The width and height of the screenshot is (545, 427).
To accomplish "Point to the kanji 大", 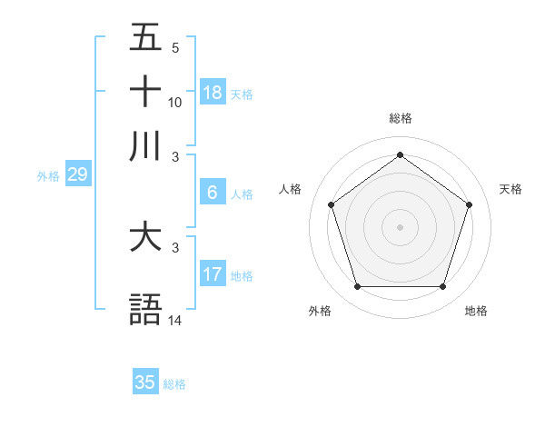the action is [146, 238].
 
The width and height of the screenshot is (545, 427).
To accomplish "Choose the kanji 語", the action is [146, 310].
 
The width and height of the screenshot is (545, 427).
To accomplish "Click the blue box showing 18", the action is [213, 93].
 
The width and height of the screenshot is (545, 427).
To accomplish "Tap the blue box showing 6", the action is [213, 193].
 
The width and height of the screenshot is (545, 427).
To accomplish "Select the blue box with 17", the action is [213, 274].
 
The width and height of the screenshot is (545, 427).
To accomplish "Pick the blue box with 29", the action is [77, 175].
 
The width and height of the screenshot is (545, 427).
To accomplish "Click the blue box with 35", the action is [145, 382].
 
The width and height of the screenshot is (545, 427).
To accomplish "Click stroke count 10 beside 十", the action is [175, 102].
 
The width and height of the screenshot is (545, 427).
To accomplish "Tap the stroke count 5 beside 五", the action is [175, 48].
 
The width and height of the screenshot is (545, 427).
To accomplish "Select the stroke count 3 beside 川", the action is [175, 155].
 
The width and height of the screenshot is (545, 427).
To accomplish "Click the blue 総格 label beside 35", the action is [174, 384].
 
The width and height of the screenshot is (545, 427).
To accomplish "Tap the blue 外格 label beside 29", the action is [47, 176].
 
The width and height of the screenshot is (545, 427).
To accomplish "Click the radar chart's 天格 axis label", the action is [510, 189].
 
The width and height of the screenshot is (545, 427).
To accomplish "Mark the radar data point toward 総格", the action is [400, 154].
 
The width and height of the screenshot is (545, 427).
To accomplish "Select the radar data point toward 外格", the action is [357, 286].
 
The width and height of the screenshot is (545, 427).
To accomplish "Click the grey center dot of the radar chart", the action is [400, 226].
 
